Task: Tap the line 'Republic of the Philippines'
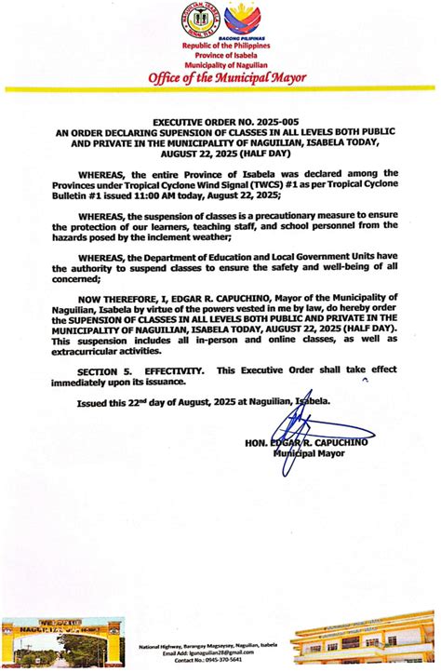coord(220,45)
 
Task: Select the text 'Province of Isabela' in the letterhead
coord(220,54)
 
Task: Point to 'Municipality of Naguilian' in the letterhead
coord(220,63)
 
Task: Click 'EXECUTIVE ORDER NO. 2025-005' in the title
coord(220,122)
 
